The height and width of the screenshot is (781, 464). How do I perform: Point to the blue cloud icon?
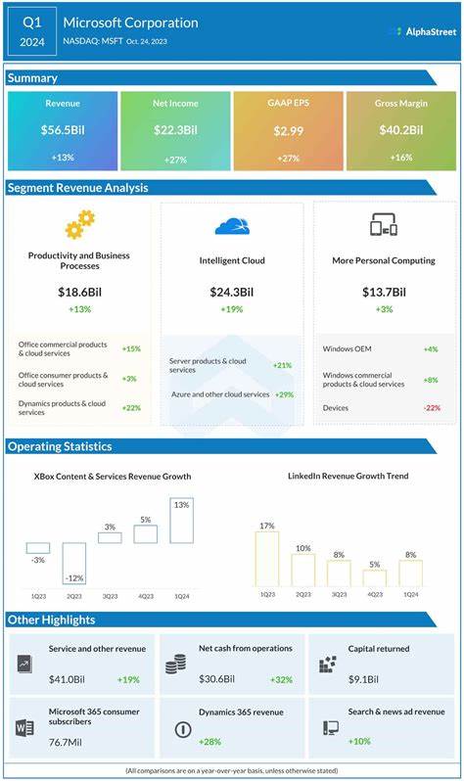(232, 226)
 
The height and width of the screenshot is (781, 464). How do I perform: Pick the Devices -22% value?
(432, 407)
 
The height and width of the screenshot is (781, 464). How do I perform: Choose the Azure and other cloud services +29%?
(285, 393)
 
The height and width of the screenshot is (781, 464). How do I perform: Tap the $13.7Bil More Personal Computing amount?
(383, 292)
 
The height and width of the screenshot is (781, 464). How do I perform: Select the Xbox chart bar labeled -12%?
(74, 563)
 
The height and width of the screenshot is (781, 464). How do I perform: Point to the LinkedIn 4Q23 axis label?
(375, 594)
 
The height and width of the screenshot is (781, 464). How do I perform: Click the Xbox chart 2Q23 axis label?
(74, 594)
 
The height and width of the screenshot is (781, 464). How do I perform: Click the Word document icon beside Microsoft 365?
(24, 728)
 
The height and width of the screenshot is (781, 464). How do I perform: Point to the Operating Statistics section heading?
(61, 446)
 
